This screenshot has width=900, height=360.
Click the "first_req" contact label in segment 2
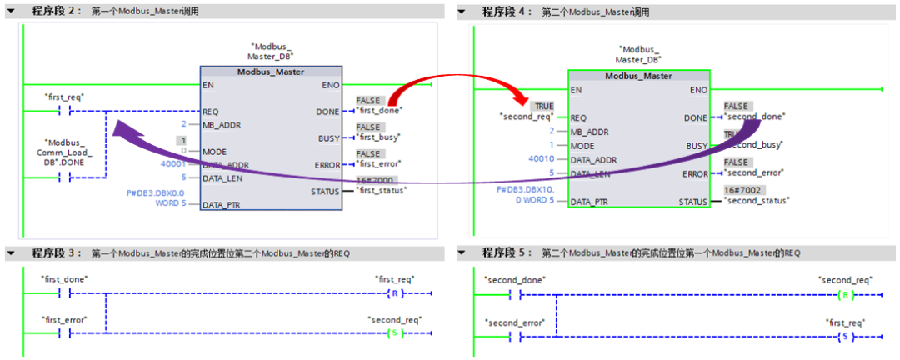[64, 97]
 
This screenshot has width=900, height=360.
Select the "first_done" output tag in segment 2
[379, 110]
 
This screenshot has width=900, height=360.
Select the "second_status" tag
[757, 201]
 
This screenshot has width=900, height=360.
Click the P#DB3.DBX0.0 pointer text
[155, 192]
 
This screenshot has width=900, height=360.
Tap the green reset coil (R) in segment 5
[845, 295]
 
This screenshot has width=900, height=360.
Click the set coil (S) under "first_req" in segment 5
[845, 336]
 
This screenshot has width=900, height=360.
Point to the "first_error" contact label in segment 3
[64, 320]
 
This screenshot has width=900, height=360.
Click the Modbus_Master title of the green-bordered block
[638, 76]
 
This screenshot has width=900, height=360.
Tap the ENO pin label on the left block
[330, 85]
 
